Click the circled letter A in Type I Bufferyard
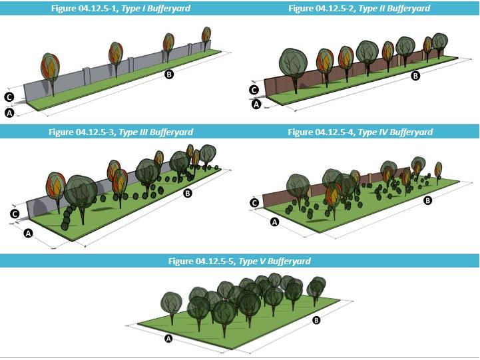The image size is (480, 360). coord(9,113)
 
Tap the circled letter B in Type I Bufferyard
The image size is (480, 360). coord(169,75)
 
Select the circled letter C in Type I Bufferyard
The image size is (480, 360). coord(9,96)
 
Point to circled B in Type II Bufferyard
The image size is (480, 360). coord(416,76)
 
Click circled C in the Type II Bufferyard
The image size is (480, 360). coord(254,90)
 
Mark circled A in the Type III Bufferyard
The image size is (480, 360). coord(28,233)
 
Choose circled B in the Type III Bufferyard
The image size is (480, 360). coord(188,194)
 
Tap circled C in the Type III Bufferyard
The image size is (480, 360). coord(15,214)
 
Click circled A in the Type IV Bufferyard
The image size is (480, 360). coord(274,222)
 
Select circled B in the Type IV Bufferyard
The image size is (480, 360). coord(428,200)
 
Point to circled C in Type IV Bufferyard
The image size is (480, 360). coord(254,202)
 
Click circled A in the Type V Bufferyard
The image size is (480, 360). coord(168,339)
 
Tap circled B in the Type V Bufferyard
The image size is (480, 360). coord(316,321)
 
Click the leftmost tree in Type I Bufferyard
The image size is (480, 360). coord(49,67)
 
